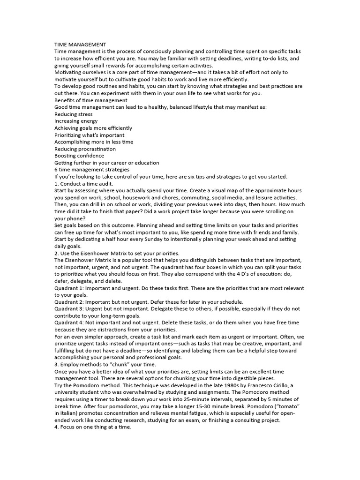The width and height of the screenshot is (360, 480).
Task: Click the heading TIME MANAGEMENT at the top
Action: pyautogui.click(x=80, y=44)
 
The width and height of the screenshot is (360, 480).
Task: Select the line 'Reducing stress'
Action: pyautogui.click(x=73, y=114)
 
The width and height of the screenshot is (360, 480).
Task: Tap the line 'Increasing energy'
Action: pyautogui.click(x=76, y=121)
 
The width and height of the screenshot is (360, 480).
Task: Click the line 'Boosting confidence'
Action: pyautogui.click(x=79, y=156)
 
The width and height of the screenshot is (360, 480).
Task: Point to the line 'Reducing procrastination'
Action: pyautogui.click(x=85, y=149)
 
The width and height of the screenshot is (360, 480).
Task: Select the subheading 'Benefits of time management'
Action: pyautogui.click(x=91, y=100)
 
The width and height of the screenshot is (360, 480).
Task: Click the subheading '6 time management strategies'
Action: pyautogui.click(x=92, y=169)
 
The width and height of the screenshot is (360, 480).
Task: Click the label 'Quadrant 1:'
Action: pyautogui.click(x=69, y=288)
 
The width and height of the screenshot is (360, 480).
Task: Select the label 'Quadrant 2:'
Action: pyautogui.click(x=69, y=302)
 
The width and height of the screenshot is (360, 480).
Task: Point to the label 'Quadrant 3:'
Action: pyautogui.click(x=69, y=309)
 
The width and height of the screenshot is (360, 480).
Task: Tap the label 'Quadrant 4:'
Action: pyautogui.click(x=69, y=322)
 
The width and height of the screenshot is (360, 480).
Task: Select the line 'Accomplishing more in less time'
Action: pyautogui.click(x=94, y=142)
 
